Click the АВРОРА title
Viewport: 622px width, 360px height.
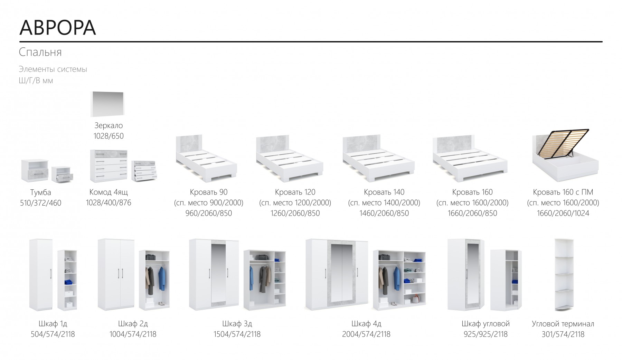point(57,27)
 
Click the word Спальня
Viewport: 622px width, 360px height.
point(40,52)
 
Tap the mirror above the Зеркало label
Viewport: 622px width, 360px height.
point(107,104)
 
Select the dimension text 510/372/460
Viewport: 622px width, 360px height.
point(40,203)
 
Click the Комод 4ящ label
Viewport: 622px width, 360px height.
point(109,192)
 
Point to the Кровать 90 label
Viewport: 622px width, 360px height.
point(209,192)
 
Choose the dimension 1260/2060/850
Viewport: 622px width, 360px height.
point(295,213)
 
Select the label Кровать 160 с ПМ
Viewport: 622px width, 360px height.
point(563,192)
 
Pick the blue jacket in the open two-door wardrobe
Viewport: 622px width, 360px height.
point(162,278)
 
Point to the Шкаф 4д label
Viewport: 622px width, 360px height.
point(366,324)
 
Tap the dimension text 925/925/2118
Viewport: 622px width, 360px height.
point(486,334)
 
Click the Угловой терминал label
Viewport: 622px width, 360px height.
point(563,324)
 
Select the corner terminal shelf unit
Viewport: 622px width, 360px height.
point(564,275)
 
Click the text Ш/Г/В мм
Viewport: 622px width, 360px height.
point(36,81)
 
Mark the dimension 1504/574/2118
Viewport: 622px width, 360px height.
point(237,334)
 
